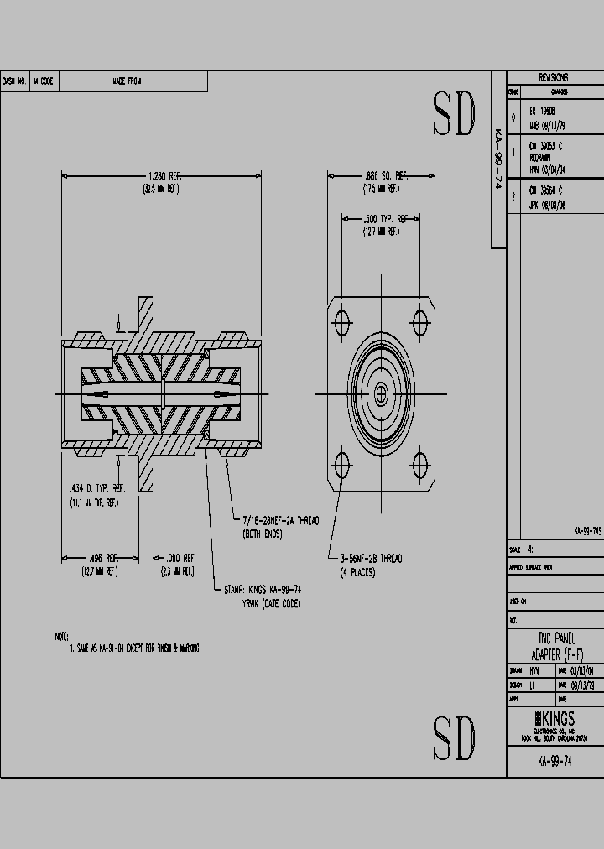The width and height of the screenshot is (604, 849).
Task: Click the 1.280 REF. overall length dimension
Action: pyautogui.click(x=164, y=176)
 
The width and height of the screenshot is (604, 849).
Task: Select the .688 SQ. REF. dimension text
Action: pyautogui.click(x=385, y=176)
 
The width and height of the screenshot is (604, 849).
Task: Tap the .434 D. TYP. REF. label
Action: pyautogui.click(x=97, y=488)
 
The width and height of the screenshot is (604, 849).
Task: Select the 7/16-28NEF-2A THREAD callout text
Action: pyautogui.click(x=280, y=521)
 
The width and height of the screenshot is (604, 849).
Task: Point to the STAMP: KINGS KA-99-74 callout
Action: pyautogui.click(x=263, y=590)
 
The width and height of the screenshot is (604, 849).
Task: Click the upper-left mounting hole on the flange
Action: pyautogui.click(x=342, y=321)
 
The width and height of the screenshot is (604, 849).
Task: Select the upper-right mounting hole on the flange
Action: pyautogui.click(x=421, y=321)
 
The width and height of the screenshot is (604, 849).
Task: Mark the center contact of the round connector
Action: pyautogui.click(x=382, y=393)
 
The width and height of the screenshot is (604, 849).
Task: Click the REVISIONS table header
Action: pyautogui.click(x=555, y=77)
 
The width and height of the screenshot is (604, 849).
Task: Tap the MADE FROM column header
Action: pyautogui.click(x=128, y=81)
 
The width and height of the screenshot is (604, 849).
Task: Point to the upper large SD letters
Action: pyautogui.click(x=454, y=114)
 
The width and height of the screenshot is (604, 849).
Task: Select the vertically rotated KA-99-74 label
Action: pyautogui.click(x=497, y=160)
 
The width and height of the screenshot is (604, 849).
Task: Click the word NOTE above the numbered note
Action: pyautogui.click(x=61, y=637)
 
